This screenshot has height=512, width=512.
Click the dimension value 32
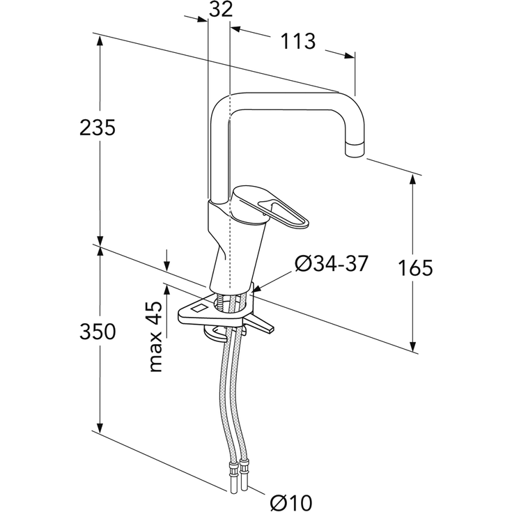[221, 9]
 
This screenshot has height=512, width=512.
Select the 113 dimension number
[298, 41]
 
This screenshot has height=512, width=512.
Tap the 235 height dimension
[98, 127]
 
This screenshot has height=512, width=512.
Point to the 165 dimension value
[415, 267]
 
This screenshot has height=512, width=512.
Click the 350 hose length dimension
[98, 332]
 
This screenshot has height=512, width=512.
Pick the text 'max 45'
[156, 336]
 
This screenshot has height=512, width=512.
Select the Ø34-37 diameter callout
[332, 263]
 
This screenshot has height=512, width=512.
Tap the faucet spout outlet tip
[355, 151]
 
